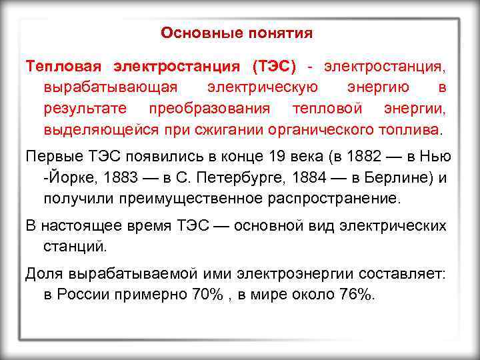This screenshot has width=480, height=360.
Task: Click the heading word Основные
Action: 194,33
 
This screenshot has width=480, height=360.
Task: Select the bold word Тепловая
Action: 63,67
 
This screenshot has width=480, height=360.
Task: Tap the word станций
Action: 75,247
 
